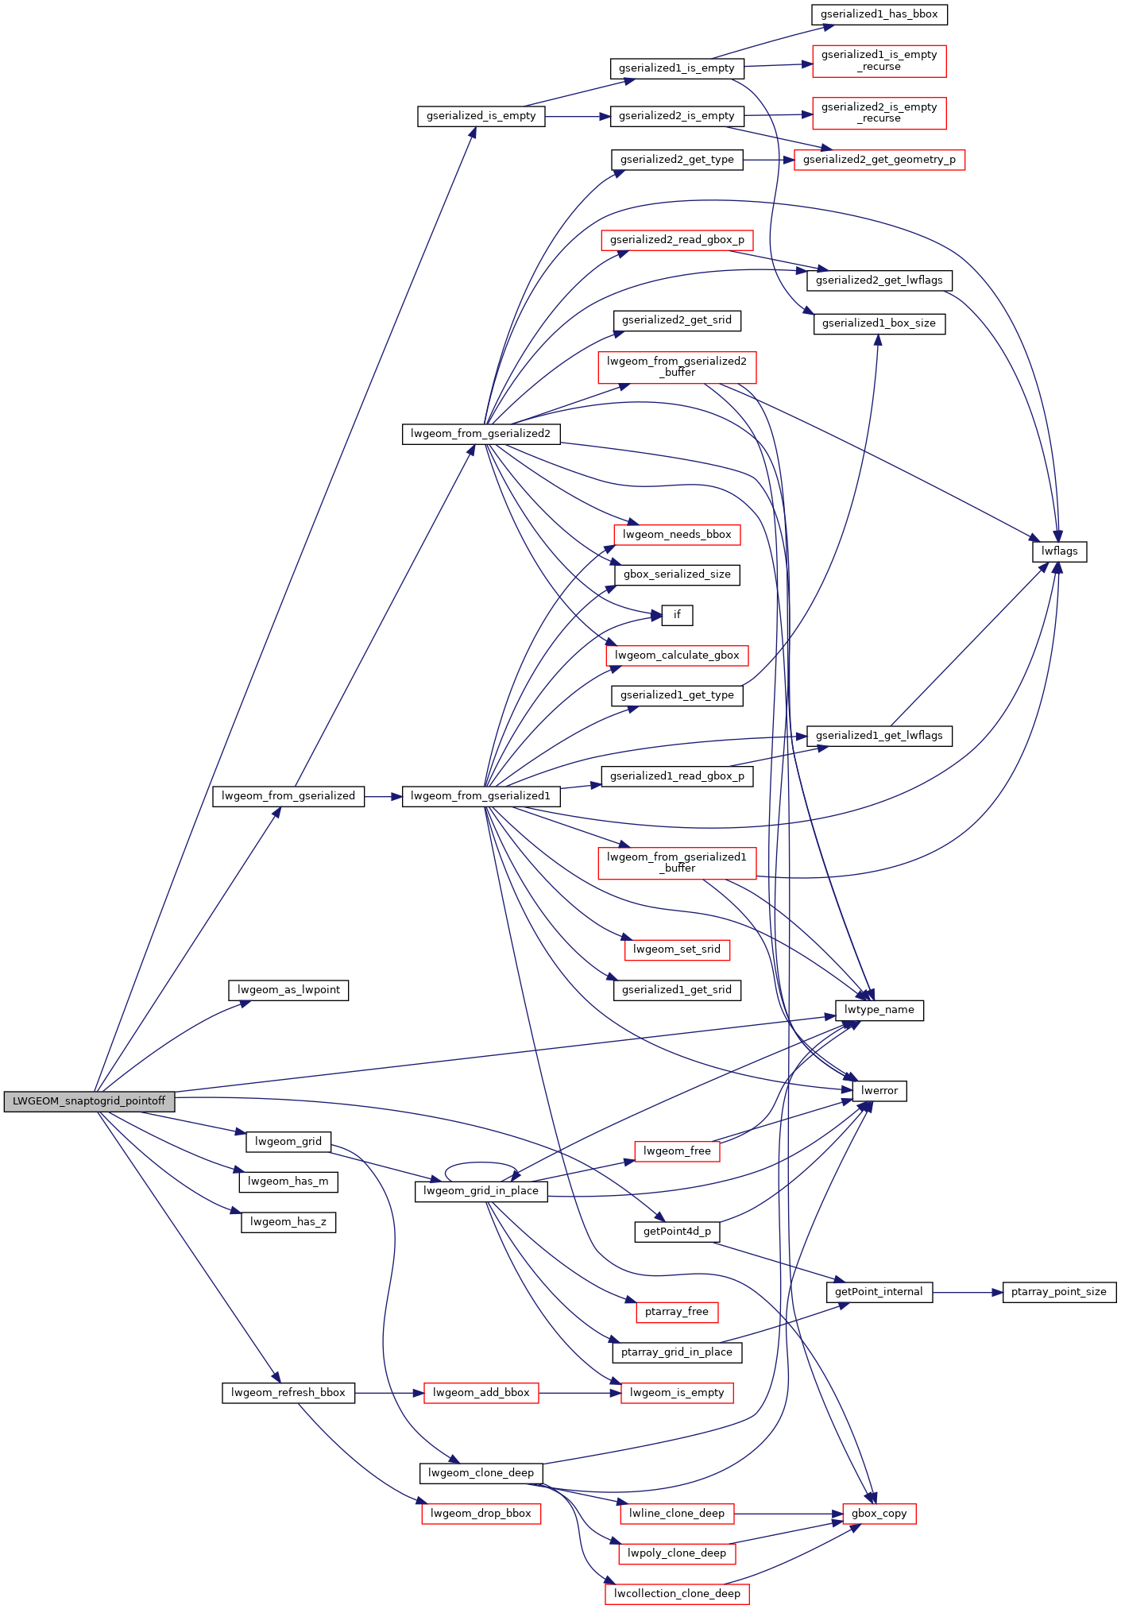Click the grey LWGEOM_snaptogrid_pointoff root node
coord(89,1101)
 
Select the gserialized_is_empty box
coord(481,116)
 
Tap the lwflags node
coord(1060,551)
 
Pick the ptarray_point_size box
coord(1060,1292)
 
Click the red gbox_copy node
coord(879,1514)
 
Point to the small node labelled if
coord(677,615)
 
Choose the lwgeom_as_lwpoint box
coord(288,990)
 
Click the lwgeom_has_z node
coord(288,1222)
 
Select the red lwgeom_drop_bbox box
coord(481,1514)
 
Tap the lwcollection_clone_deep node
coord(677,1594)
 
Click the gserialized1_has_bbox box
coord(879,14)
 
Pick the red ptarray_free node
coord(677,1312)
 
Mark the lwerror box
coord(879,1091)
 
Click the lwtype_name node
coord(879,1011)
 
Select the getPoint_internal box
coord(879,1292)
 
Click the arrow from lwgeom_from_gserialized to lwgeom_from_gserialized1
coord(384,796)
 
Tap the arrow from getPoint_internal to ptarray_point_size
coord(968,1293)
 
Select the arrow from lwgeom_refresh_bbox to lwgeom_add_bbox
coord(389,1393)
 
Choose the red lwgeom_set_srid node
coord(677,950)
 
